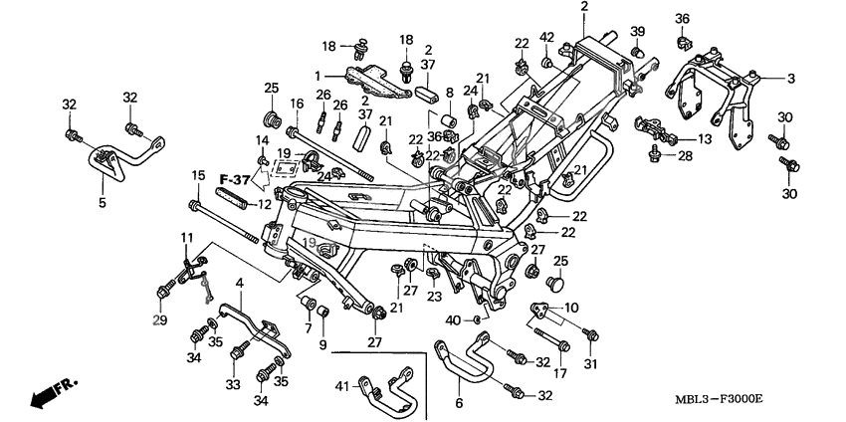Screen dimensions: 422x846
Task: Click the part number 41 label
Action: click(x=340, y=386)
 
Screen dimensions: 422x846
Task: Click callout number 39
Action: click(x=638, y=31)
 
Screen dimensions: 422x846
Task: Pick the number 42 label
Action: click(x=546, y=37)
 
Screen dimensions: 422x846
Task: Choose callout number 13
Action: click(x=704, y=139)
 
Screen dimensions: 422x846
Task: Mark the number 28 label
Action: click(x=685, y=157)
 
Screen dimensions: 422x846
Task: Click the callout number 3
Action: click(x=791, y=78)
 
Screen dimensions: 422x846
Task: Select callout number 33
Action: click(x=232, y=383)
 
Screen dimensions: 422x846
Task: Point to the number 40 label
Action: click(x=453, y=319)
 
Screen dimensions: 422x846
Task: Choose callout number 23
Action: click(x=434, y=296)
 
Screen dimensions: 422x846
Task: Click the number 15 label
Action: click(x=198, y=176)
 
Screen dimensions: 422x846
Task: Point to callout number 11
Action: click(x=186, y=236)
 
